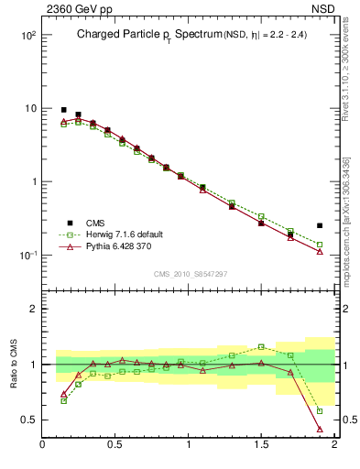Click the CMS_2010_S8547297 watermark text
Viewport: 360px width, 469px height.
(x=189, y=273)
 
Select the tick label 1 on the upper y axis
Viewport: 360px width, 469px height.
(x=31, y=181)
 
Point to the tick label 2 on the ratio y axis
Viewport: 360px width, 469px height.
(x=33, y=310)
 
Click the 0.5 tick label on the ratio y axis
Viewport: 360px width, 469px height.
(x=28, y=420)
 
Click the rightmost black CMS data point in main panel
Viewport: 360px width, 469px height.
(x=320, y=225)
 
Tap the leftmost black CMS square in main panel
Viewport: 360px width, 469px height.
(x=63, y=110)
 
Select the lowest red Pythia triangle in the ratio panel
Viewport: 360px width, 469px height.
(x=320, y=429)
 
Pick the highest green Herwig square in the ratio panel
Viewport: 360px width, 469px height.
(x=261, y=346)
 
